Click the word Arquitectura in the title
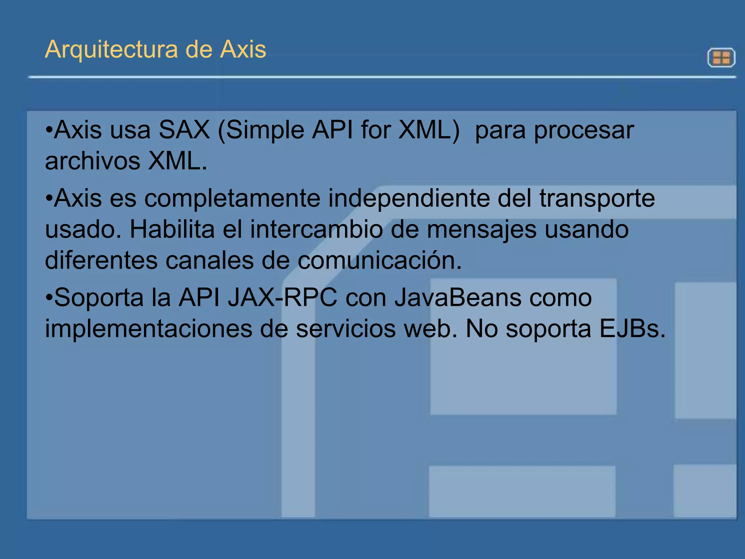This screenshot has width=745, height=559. point(111,50)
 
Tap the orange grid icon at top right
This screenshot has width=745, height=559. point(721,58)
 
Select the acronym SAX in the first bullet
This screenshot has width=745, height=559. point(184,130)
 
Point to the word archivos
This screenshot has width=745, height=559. point(92,161)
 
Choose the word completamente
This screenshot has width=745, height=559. point(232,199)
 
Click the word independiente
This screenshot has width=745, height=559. point(409,199)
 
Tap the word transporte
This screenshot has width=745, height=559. point(597,199)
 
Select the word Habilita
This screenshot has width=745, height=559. point(172,230)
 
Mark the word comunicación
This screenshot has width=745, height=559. point(380,261)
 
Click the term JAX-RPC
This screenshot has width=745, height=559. point(282,298)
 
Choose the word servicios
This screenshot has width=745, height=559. point(346,329)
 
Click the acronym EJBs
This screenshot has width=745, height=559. point(632,329)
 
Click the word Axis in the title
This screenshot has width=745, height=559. point(243,50)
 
